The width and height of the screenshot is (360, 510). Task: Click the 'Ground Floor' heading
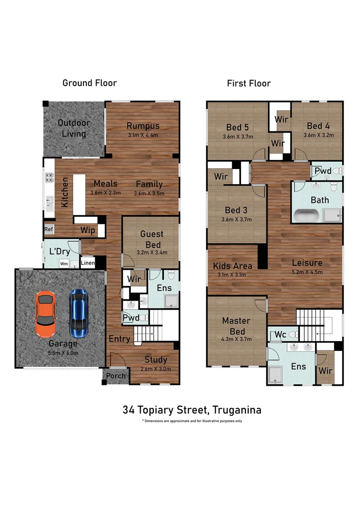pyautogui.click(x=90, y=83)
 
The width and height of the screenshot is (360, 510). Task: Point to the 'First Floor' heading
pyautogui.click(x=249, y=84)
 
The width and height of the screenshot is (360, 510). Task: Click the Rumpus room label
pyautogui.click(x=143, y=126)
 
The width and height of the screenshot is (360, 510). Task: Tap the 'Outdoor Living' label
pyautogui.click(x=74, y=128)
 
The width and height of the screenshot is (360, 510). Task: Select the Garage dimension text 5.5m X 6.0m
pyautogui.click(x=63, y=353)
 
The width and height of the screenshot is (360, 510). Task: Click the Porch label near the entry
pyautogui.click(x=116, y=376)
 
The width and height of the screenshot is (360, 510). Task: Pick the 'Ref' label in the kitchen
pyautogui.click(x=48, y=229)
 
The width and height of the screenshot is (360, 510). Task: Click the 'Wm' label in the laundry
pyautogui.click(x=63, y=263)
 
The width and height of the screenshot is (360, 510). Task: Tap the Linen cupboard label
pyautogui.click(x=88, y=263)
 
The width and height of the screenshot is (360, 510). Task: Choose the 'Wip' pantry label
pyautogui.click(x=88, y=230)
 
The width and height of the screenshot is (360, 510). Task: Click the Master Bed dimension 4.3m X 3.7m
pyautogui.click(x=236, y=339)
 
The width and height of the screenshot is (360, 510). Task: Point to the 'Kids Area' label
pyautogui.click(x=232, y=265)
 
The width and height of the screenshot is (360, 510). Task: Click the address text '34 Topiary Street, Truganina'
pyautogui.click(x=192, y=409)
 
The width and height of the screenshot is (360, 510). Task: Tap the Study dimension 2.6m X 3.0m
pyautogui.click(x=156, y=369)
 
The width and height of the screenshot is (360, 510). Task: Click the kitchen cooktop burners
pyautogui.click(x=49, y=178)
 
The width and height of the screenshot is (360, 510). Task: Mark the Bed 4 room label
pyautogui.click(x=318, y=126)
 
